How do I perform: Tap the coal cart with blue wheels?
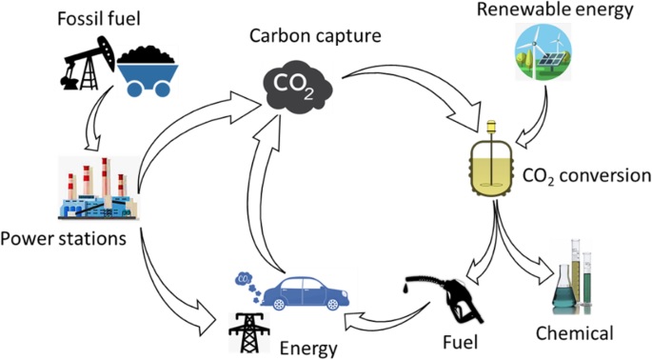point(148,71)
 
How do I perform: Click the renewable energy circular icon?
point(543,51)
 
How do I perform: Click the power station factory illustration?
point(99,189)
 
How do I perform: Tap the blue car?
point(306,292)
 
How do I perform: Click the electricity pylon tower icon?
point(248,332)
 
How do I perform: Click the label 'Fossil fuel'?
point(99,19)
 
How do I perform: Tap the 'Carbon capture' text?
point(315,36)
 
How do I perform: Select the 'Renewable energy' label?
point(555,10)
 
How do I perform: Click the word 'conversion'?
point(605,175)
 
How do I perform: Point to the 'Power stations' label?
point(63,239)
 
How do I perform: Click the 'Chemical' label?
point(574,333)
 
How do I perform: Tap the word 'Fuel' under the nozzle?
point(460,342)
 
